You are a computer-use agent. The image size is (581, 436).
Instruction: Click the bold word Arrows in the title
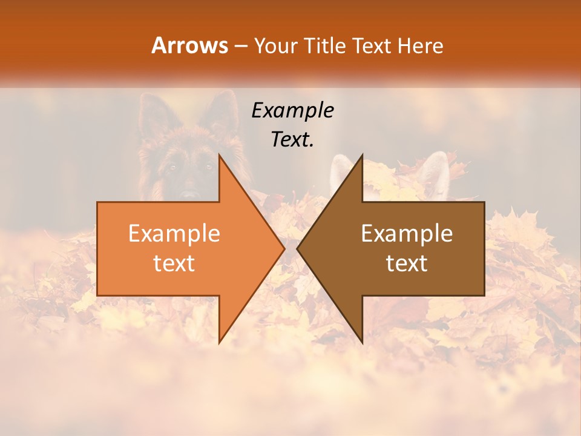(x=190, y=45)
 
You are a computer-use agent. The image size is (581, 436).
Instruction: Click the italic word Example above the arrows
(x=292, y=110)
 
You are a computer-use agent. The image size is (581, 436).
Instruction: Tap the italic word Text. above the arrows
(x=292, y=139)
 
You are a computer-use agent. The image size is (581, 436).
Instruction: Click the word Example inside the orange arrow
(x=174, y=233)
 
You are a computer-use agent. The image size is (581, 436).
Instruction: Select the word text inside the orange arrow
(x=174, y=263)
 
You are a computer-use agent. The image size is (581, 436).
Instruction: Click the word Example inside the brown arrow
(x=407, y=233)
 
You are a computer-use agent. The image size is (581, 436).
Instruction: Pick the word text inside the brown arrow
(x=407, y=263)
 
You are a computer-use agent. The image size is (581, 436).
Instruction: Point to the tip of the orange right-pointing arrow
(x=284, y=249)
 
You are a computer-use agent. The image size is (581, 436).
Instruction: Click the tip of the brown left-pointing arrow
(x=297, y=249)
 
